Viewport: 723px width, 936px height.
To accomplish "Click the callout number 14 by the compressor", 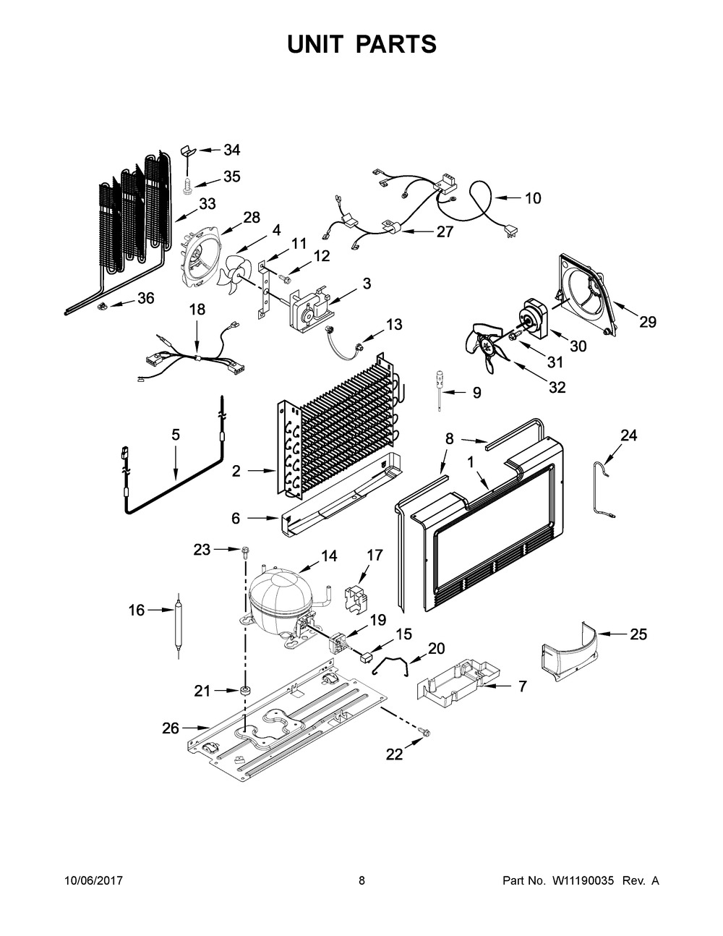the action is (x=329, y=556).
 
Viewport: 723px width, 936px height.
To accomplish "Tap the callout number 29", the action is (x=648, y=322).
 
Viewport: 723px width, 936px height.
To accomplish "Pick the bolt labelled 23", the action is (x=246, y=552).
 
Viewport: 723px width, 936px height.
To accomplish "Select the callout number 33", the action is (x=208, y=203).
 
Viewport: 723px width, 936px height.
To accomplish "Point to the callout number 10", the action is (x=533, y=198).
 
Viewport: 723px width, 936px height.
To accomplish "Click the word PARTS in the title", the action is (x=396, y=44).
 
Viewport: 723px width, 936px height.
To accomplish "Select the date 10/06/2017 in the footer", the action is (x=94, y=880).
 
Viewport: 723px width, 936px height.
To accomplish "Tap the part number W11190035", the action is (x=583, y=880).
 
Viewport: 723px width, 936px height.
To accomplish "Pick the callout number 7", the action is (x=523, y=686).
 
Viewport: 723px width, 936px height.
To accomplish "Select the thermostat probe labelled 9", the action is (x=440, y=390).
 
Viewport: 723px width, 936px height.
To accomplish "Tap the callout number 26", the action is (x=171, y=728).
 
